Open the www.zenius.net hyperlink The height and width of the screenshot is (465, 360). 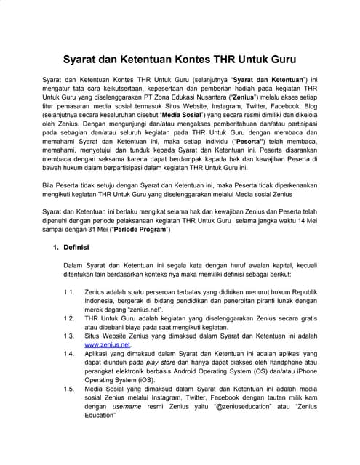tap(108, 344)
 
